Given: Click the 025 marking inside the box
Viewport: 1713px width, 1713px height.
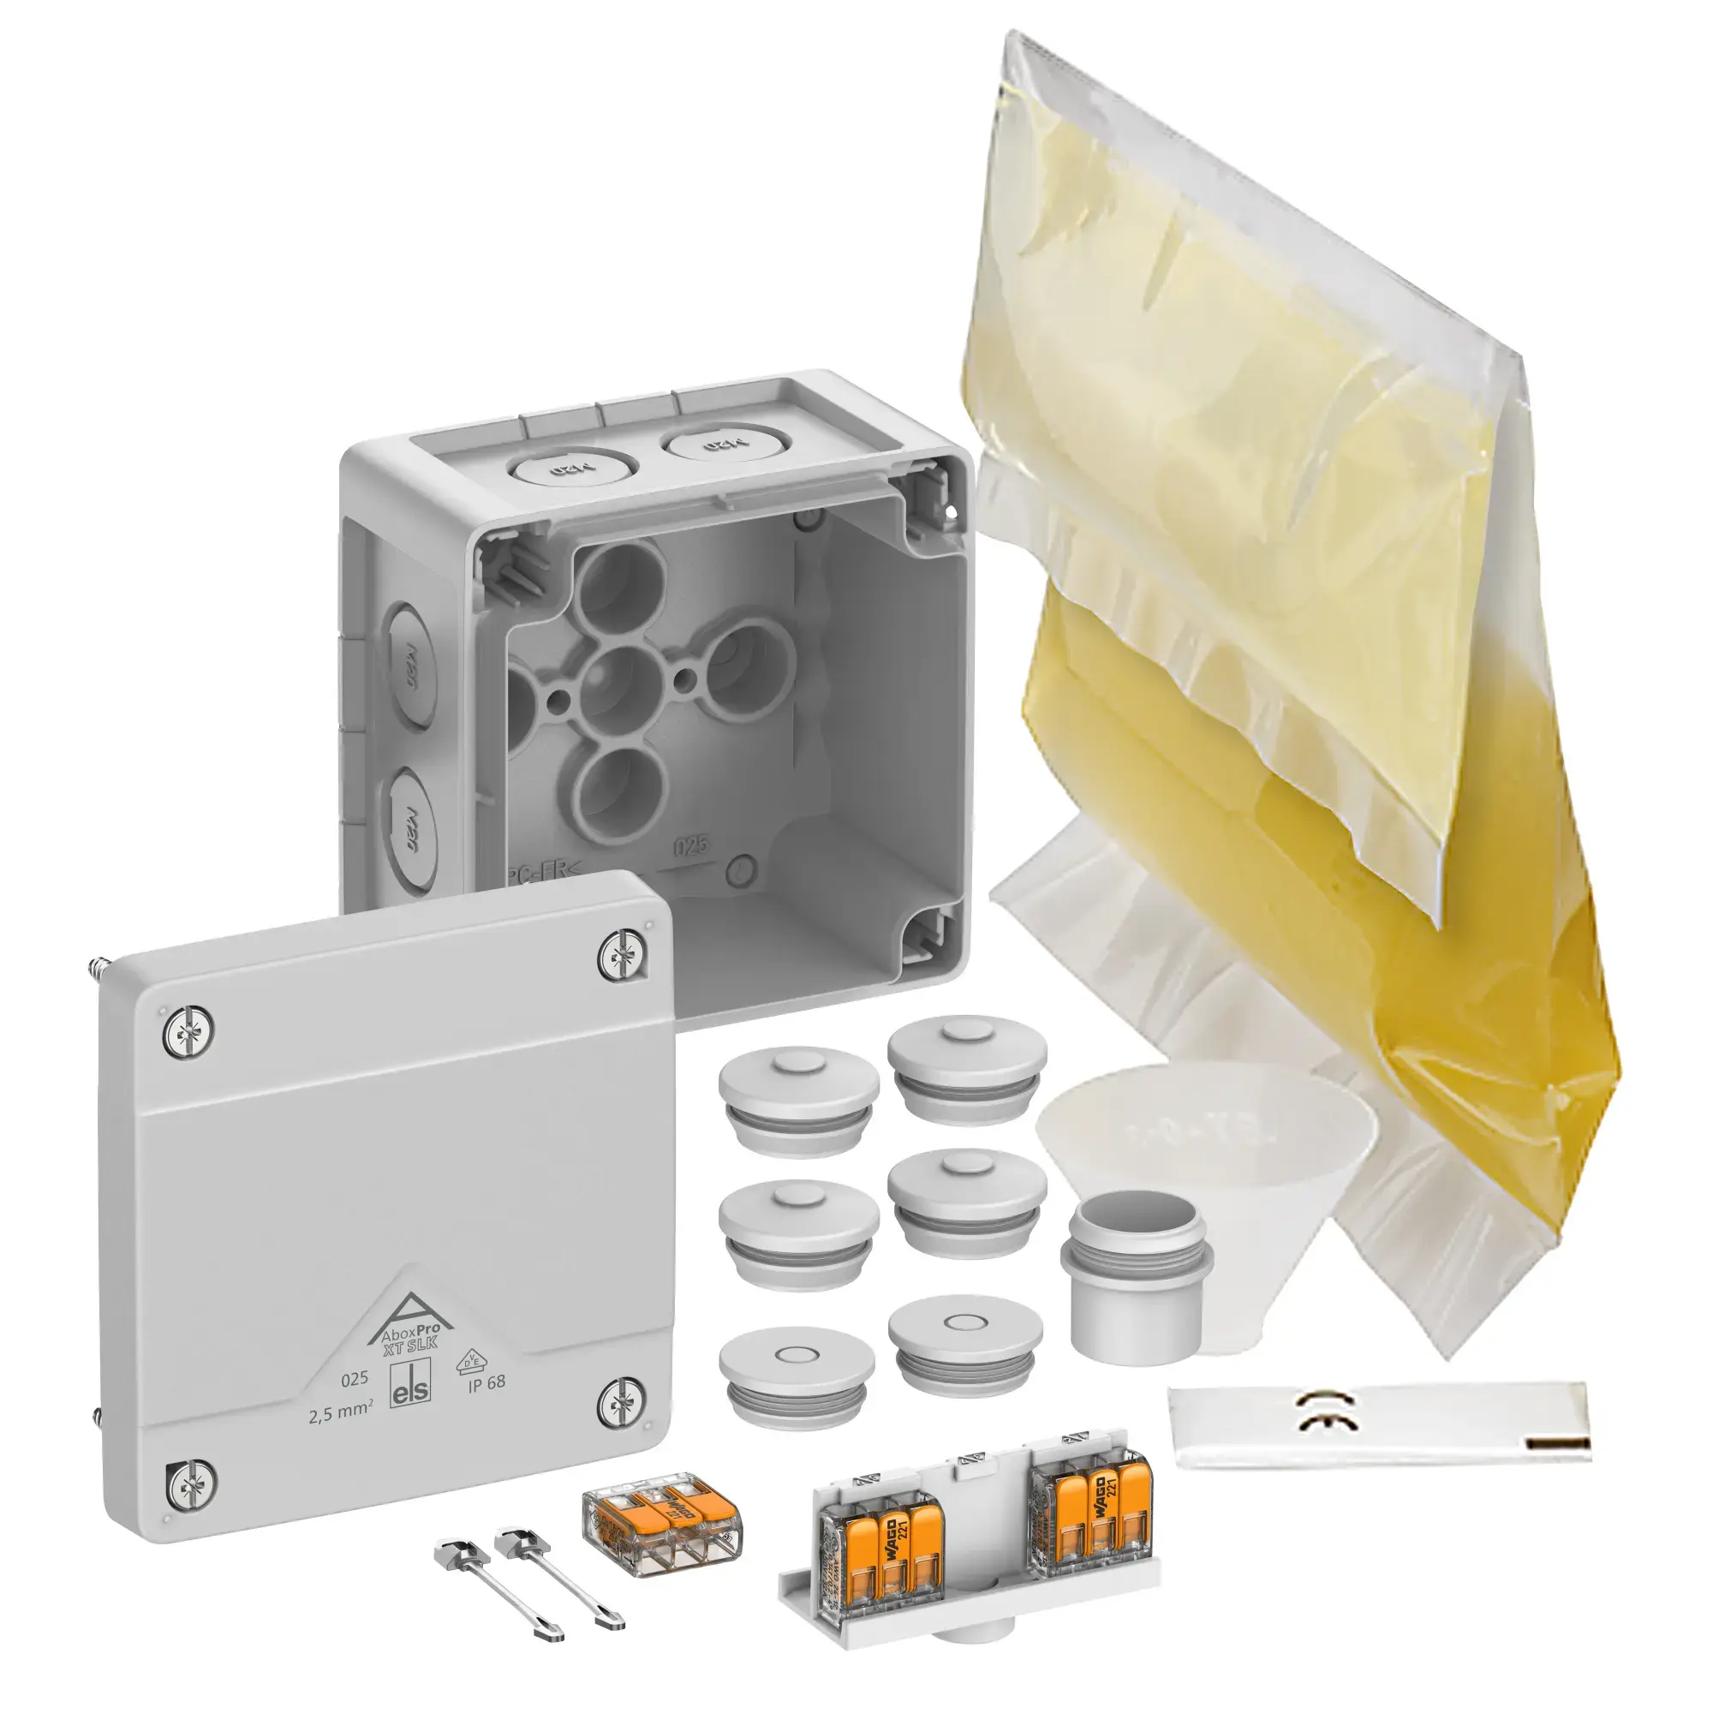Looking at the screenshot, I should click(x=690, y=847).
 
